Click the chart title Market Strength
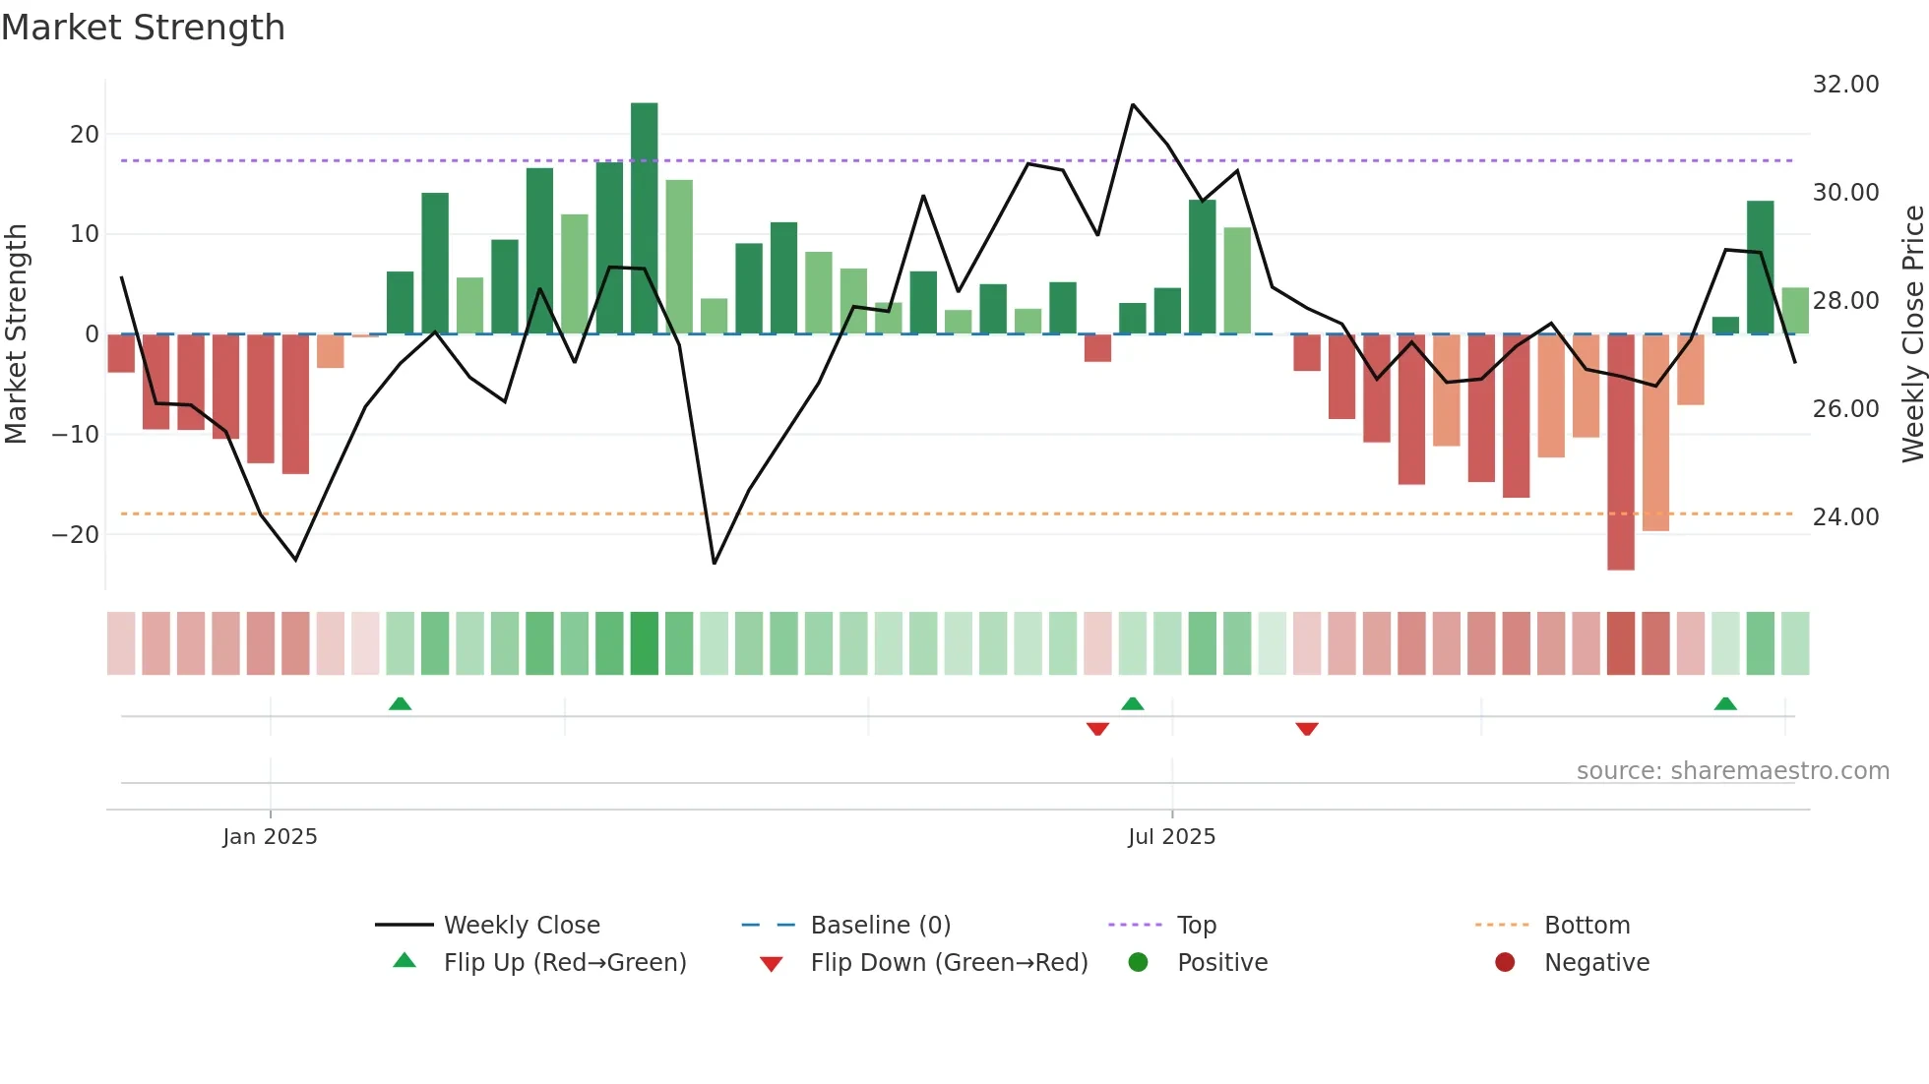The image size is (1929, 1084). pos(143,28)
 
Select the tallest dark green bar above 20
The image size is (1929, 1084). pos(645,217)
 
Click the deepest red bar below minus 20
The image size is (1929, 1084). pos(1620,452)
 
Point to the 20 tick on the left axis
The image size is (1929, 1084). pos(85,135)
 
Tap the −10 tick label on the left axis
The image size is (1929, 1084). pos(76,435)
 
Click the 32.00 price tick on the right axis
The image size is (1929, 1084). pos(1845,85)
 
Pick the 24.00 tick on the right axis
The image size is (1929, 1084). pos(1845,517)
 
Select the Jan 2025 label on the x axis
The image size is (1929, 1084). pos(270,837)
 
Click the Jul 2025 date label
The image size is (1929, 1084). pos(1171,837)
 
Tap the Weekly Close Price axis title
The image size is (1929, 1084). pos(1912,334)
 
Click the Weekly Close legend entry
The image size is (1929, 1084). pos(521,926)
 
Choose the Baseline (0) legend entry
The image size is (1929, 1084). pos(880,926)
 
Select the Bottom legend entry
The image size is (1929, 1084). pos(1587,926)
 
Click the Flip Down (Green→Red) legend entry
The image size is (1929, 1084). pos(948,963)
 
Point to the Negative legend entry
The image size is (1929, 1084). pos(1595,963)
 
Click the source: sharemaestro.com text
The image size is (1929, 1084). pos(1732,771)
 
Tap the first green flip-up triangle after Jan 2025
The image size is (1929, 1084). pos(400,704)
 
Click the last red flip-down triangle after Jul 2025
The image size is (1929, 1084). pos(1307,729)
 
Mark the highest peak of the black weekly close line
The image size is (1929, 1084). pos(1133,104)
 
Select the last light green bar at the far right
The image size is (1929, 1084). pos(1795,311)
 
